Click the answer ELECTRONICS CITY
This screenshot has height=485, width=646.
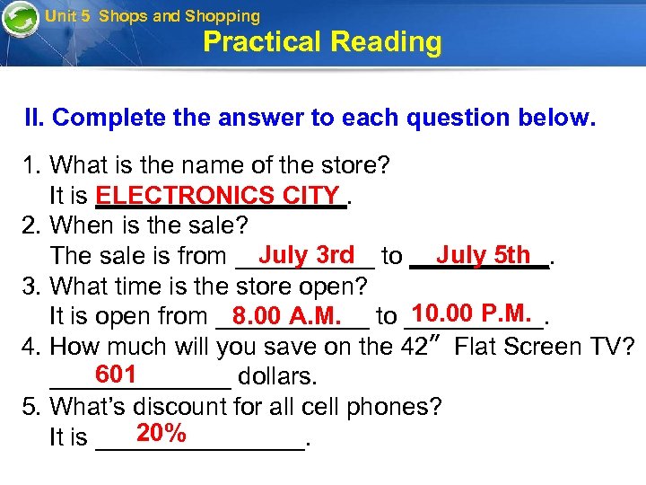point(218,196)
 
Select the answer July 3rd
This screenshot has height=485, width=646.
point(305,255)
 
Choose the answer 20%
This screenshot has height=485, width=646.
point(161,434)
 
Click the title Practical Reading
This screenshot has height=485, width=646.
point(322,42)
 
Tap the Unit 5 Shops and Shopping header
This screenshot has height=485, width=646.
point(153,15)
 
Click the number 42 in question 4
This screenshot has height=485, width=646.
point(411,347)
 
